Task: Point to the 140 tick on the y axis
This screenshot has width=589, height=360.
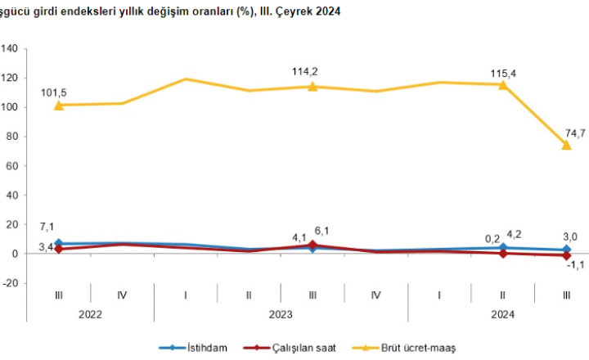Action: click(x=11, y=48)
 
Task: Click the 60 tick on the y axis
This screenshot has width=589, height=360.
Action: click(x=14, y=166)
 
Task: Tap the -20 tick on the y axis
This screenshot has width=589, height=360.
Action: click(x=11, y=283)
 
